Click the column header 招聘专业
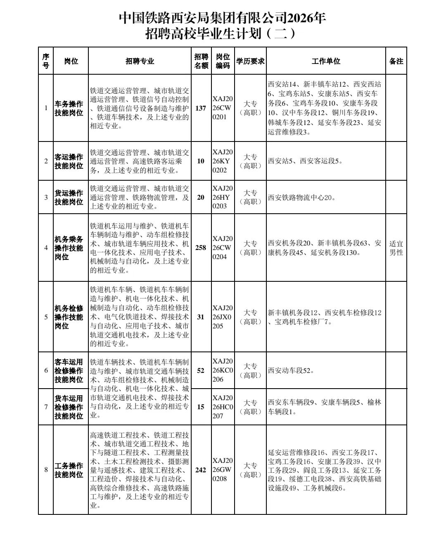point(140,61)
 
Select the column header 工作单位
point(326,61)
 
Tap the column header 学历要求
point(250,61)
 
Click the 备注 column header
point(396,61)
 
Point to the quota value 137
point(201,108)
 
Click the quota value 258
point(201,248)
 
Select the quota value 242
point(201,469)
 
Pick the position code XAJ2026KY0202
point(223,161)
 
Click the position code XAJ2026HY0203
point(223,197)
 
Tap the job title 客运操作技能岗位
point(69,161)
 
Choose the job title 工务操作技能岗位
point(69,470)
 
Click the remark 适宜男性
point(396,248)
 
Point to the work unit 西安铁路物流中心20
point(302,198)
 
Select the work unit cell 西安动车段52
point(291,370)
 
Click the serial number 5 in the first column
point(46,317)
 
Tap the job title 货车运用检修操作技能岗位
point(69,407)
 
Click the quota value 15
point(201,407)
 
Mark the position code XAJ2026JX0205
point(223,317)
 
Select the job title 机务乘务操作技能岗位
point(69,248)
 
